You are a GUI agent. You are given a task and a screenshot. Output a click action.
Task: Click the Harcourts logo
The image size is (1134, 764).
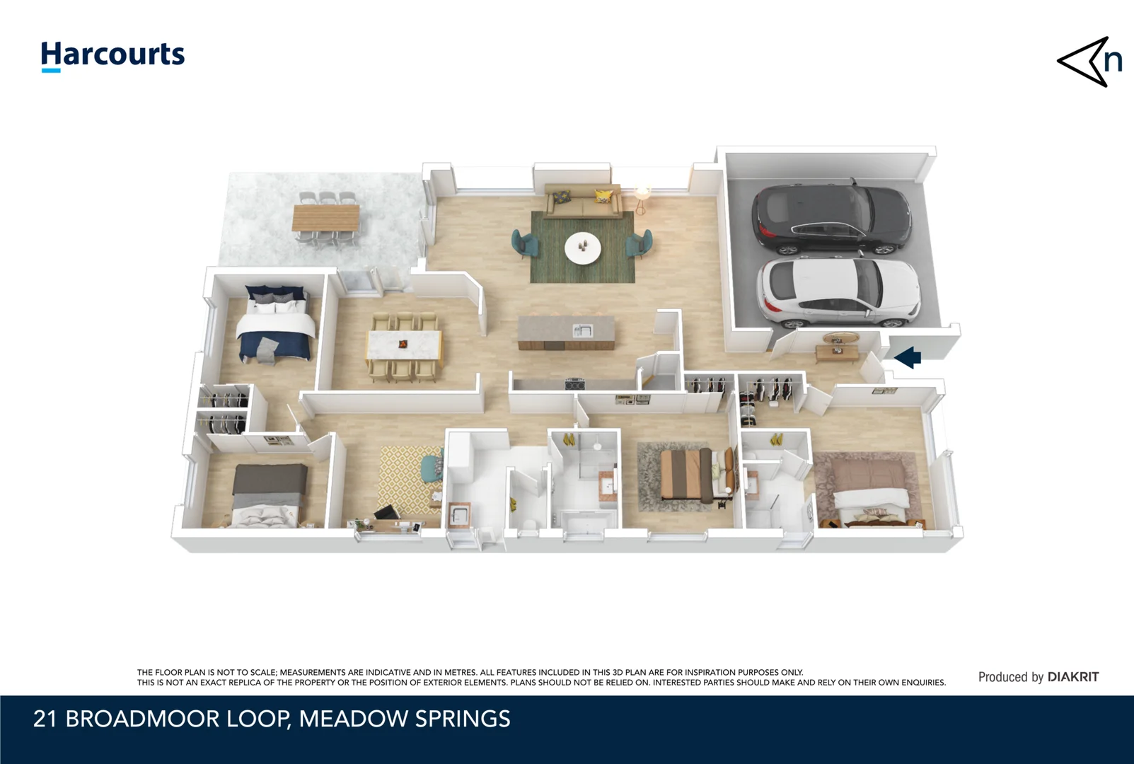(x=112, y=56)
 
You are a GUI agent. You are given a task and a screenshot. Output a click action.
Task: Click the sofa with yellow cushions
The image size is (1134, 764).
(x=583, y=202)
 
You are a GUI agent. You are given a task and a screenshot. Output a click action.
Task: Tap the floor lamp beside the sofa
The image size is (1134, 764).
(x=642, y=197)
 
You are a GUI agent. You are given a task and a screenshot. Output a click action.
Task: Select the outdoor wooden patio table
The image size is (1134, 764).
(x=326, y=217)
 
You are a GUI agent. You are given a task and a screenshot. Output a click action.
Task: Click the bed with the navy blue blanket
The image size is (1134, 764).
(x=276, y=329)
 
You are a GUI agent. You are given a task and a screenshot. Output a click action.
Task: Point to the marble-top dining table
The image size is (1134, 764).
(x=404, y=345)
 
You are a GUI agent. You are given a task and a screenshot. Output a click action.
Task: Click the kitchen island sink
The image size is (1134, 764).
(x=582, y=330)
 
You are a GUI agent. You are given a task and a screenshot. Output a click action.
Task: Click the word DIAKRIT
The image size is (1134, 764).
(x=1073, y=677)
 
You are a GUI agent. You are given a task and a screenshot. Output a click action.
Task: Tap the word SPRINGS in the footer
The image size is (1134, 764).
(x=463, y=719)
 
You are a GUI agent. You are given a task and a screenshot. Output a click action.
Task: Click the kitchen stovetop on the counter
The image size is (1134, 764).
(x=575, y=384)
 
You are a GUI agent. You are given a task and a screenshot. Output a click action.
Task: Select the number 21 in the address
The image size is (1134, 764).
(x=45, y=719)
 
